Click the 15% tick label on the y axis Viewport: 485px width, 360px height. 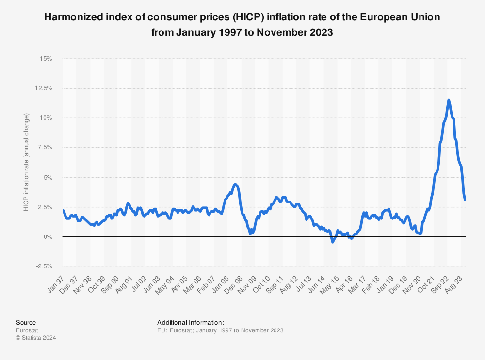[x=46, y=59]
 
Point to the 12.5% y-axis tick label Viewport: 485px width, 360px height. [x=44, y=88]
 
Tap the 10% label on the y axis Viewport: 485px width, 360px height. [x=46, y=118]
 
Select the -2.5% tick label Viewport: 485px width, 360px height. [x=44, y=266]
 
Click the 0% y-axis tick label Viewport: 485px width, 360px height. [x=48, y=237]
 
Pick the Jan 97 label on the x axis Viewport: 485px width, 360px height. [x=56, y=284]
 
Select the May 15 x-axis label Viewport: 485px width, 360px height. [x=329, y=285]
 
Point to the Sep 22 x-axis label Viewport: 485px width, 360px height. [x=440, y=284]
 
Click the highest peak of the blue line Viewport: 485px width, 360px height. [x=449, y=100]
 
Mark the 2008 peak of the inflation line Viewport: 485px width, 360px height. [x=235, y=185]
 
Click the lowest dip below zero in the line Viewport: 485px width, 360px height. [x=333, y=242]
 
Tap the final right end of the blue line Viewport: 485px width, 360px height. [x=465, y=199]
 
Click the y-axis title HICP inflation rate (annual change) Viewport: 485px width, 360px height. [x=26, y=162]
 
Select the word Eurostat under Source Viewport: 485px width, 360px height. [x=27, y=330]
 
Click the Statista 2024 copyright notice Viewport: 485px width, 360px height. [x=36, y=338]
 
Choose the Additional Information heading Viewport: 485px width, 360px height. [x=191, y=322]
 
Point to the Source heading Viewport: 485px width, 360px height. [x=26, y=322]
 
